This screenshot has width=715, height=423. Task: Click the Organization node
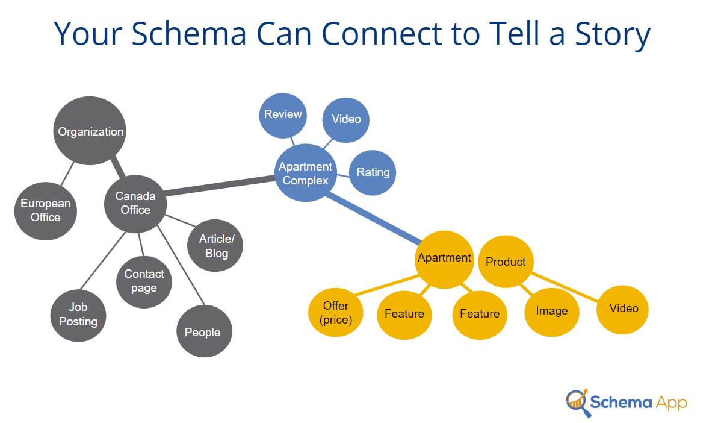click(89, 131)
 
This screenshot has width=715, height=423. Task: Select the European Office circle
click(46, 211)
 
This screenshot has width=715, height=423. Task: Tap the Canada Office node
click(135, 204)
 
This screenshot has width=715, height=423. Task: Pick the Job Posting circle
click(78, 315)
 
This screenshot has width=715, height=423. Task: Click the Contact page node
click(144, 281)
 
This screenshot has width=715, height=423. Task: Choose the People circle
click(204, 331)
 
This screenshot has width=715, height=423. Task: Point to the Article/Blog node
click(215, 245)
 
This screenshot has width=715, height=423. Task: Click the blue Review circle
click(283, 116)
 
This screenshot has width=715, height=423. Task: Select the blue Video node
click(345, 120)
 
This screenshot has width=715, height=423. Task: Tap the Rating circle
click(373, 172)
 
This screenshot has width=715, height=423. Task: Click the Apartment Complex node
click(306, 173)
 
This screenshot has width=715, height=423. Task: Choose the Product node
click(506, 262)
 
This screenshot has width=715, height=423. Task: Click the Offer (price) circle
click(336, 313)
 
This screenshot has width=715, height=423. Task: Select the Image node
click(552, 312)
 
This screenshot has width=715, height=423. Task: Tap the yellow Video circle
click(622, 310)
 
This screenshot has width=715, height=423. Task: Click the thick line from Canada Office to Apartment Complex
click(220, 186)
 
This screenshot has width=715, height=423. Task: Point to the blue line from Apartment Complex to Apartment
click(374, 218)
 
